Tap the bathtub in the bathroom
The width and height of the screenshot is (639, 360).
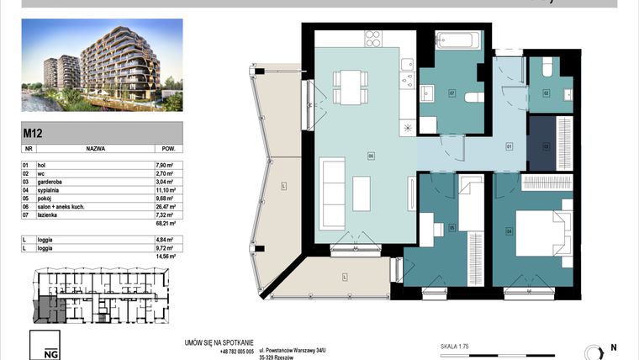pyautogui.click(x=457, y=40)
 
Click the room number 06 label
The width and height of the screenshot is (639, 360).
pyautogui.click(x=370, y=155)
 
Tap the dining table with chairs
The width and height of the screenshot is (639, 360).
pyautogui.click(x=349, y=87)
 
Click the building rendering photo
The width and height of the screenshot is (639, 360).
pyautogui.click(x=102, y=66)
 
